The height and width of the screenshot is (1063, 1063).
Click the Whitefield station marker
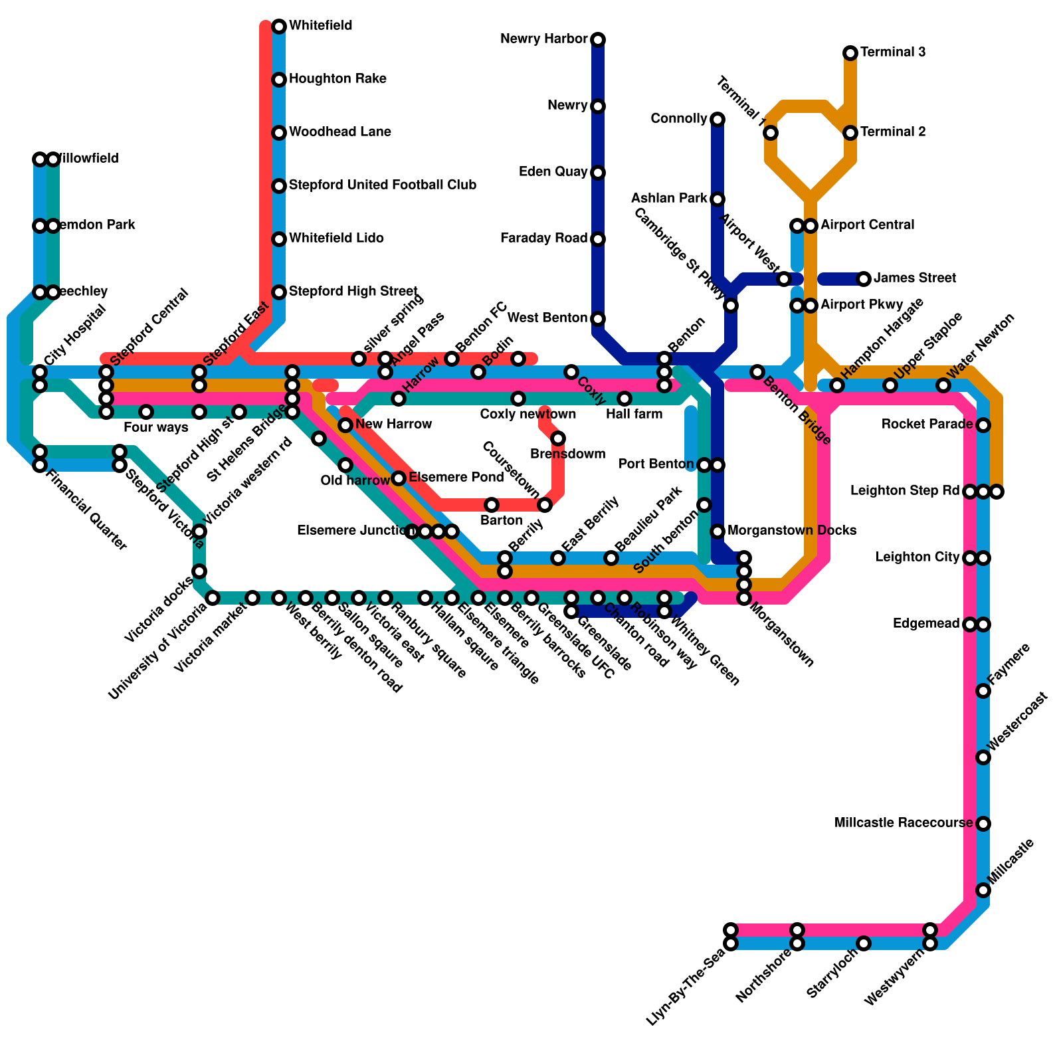[279, 27]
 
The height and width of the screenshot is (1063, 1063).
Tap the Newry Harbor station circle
[598, 40]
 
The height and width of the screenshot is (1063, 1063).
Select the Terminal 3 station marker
[850, 53]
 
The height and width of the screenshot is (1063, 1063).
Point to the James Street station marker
[864, 279]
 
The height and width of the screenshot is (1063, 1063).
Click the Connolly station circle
[718, 120]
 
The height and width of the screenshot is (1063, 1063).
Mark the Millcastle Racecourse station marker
[983, 824]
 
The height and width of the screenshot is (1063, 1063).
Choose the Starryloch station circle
[864, 943]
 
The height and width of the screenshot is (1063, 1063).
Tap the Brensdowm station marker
[558, 438]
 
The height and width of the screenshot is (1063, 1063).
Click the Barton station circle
[492, 505]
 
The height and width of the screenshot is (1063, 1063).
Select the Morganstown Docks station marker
[718, 531]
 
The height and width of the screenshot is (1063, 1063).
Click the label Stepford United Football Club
[383, 185]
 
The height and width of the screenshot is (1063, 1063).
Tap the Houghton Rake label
[338, 79]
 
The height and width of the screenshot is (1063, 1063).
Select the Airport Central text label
[867, 225]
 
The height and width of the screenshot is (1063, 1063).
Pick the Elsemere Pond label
[456, 478]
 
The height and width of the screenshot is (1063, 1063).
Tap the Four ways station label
[155, 427]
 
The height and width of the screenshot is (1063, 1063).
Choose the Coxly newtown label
[528, 415]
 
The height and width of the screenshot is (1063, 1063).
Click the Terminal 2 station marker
[850, 133]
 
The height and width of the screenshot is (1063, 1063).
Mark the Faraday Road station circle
[598, 239]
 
